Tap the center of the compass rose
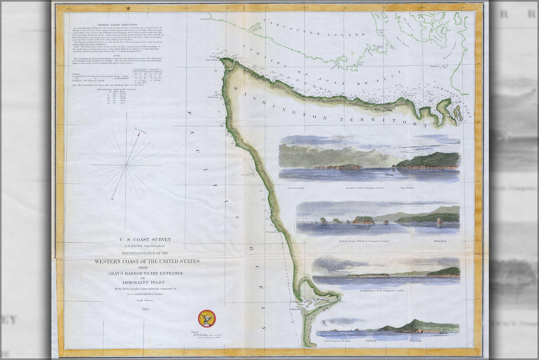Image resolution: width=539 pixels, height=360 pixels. tap(126, 165)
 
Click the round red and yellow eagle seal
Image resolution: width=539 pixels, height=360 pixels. tap(207, 318)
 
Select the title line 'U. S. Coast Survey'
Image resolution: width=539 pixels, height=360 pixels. tap(145, 239)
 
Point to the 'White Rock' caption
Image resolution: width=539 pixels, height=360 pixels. tap(441, 241)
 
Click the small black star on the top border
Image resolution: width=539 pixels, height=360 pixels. tap(127, 8)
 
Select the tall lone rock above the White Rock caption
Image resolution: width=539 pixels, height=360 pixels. tap(439, 221)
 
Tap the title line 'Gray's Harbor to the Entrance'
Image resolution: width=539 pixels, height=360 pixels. tap(145, 273)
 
